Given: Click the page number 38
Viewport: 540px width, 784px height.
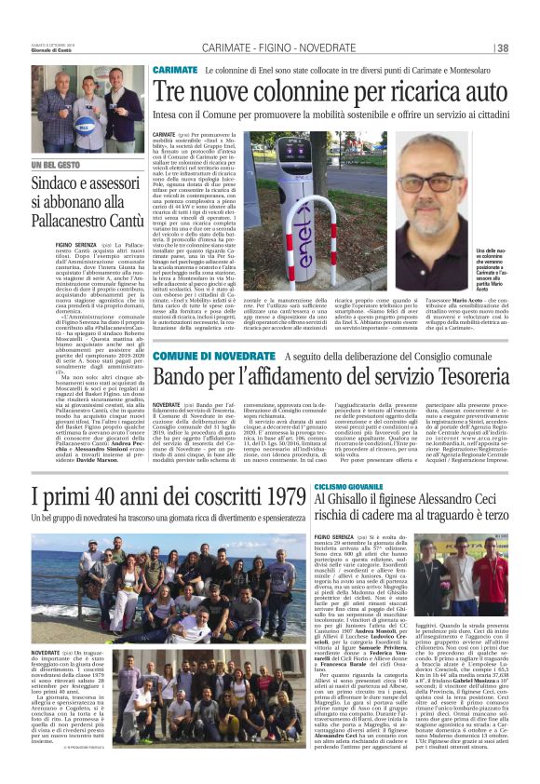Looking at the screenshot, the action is point(503,48).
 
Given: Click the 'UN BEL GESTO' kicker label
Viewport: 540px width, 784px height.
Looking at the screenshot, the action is point(57,166).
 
